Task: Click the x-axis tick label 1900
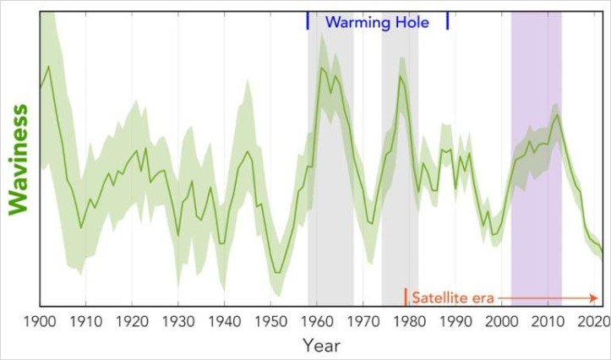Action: [x=39, y=322]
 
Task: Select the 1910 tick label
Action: [x=85, y=322]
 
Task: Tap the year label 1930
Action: [x=177, y=322]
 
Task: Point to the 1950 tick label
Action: [x=270, y=322]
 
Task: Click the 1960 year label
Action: [x=317, y=322]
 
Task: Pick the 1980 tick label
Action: [x=409, y=322]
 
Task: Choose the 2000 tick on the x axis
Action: [x=502, y=322]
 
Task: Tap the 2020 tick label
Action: [x=594, y=322]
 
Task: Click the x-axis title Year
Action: [x=321, y=346]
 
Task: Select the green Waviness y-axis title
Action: [x=19, y=160]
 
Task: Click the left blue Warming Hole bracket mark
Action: [x=308, y=22]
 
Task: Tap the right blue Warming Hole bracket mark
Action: [x=447, y=22]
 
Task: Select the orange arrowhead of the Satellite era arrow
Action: [x=596, y=297]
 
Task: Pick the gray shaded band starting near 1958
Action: [x=330, y=211]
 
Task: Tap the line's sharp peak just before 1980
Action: [x=401, y=77]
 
